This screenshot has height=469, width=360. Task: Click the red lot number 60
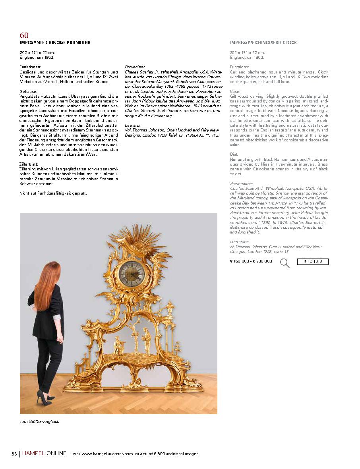[24, 35]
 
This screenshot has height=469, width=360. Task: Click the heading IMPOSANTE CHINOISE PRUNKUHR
[55, 42]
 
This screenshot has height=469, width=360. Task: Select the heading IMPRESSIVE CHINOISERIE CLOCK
[263, 42]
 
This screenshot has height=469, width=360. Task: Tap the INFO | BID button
[313, 261]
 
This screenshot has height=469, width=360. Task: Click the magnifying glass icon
[285, 262]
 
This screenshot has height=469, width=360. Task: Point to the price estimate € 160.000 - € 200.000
[251, 261]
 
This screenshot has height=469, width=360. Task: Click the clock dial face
[132, 273]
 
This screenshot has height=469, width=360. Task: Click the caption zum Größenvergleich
[39, 421]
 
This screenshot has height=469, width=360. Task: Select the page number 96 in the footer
[14, 454]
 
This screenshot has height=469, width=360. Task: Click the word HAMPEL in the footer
[33, 454]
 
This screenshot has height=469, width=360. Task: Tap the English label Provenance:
[241, 183]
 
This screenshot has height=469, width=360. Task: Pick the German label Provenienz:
[135, 67]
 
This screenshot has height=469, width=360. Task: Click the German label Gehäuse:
[28, 91]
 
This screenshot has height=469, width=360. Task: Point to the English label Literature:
[240, 241]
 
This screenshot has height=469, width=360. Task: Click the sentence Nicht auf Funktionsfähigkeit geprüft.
[53, 193]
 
